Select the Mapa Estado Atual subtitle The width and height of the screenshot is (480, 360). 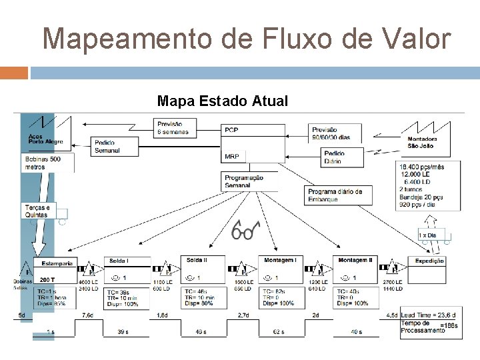(x=222, y=101)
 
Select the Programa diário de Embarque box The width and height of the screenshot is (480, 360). (x=337, y=195)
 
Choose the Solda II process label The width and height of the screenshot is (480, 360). (x=197, y=259)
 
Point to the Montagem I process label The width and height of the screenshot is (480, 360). (x=280, y=259)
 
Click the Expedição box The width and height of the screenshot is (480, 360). (x=431, y=261)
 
